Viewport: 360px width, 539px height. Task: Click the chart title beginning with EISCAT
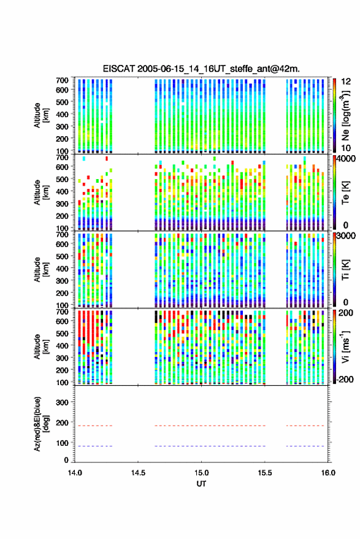[x=201, y=69]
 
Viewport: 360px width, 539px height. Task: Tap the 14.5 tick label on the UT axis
[x=138, y=473]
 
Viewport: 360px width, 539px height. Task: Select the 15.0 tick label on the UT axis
[x=201, y=473]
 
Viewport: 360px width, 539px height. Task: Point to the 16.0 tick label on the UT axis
[x=328, y=473]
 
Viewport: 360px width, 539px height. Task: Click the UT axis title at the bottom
[x=201, y=484]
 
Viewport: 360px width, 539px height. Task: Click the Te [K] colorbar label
[x=345, y=193]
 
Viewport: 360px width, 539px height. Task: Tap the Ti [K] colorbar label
[x=345, y=270]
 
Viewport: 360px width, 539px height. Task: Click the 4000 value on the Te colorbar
[x=347, y=159]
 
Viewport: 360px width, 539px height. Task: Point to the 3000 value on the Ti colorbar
[x=347, y=236]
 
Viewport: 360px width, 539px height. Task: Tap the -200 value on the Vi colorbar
[x=345, y=380]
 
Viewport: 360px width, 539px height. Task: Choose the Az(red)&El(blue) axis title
[x=41, y=424]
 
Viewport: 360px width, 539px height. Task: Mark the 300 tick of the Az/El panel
[x=62, y=402]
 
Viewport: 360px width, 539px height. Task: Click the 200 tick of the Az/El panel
[x=62, y=423]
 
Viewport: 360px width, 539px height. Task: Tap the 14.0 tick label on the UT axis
[x=75, y=473]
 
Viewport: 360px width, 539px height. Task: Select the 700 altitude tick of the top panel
[x=62, y=80]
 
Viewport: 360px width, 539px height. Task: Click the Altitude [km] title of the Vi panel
[x=41, y=346]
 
